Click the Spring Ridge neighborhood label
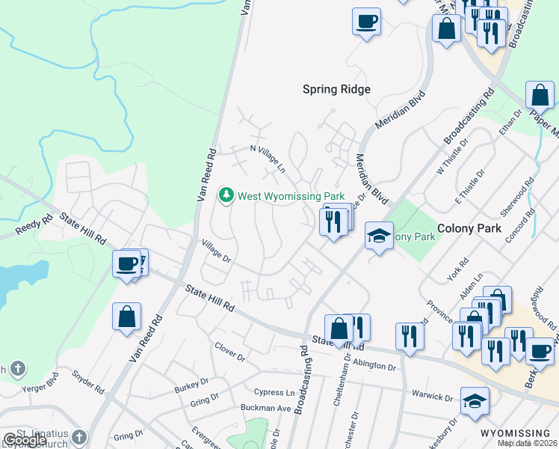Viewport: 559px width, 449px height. point(336,89)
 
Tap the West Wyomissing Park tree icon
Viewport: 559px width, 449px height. point(226,195)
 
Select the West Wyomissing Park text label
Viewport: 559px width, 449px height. point(291,196)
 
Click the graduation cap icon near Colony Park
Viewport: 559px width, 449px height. point(380,236)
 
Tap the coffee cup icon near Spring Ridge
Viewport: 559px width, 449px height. point(366,21)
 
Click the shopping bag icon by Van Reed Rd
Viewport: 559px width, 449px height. point(127,316)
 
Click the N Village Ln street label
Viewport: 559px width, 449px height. point(268,159)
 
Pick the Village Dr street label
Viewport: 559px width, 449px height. point(217,250)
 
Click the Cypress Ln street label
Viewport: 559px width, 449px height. point(274,392)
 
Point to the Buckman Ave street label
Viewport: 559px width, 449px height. point(265,408)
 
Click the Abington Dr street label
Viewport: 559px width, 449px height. point(374,365)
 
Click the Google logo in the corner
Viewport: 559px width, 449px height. point(24,440)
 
